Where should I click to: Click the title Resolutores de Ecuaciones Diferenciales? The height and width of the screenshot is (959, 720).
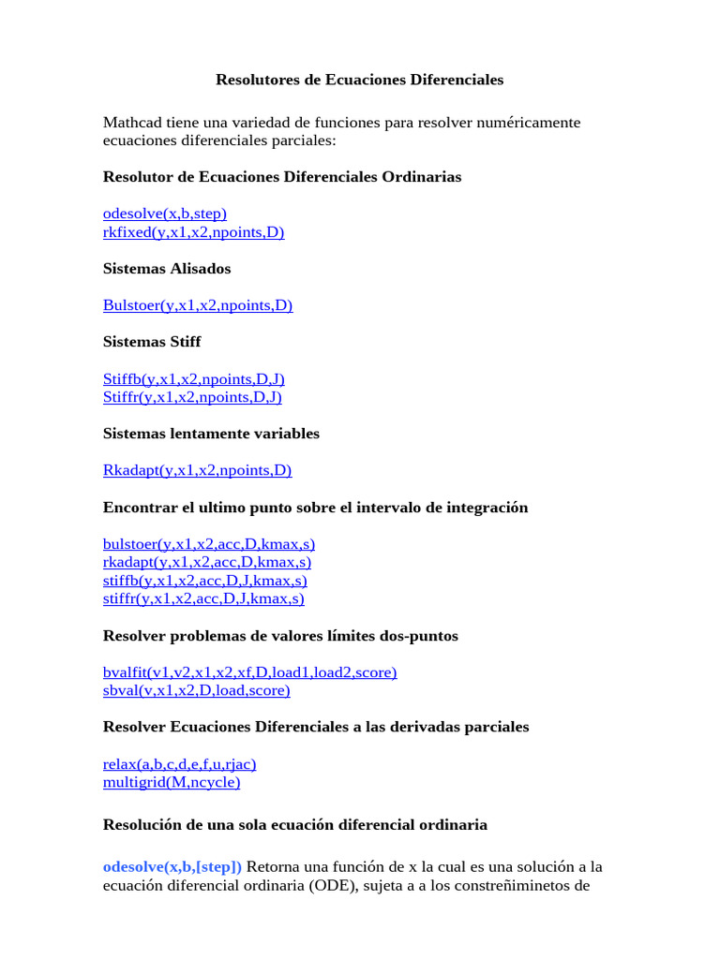pos(359,80)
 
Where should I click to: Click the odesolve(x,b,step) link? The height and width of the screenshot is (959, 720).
pos(165,214)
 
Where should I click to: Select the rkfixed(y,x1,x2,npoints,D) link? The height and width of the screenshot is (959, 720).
pos(193,232)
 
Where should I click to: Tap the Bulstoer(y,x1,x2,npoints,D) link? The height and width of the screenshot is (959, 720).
pos(198,305)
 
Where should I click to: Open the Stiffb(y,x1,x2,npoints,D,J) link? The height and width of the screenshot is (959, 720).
pos(193,378)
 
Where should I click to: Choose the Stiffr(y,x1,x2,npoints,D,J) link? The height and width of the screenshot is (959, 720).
pos(192,397)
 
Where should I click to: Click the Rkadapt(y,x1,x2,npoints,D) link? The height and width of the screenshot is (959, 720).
pos(197,470)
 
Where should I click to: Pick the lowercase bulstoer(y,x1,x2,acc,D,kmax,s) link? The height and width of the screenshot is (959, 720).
pos(209,544)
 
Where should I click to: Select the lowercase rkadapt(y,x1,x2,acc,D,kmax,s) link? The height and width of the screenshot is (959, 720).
pos(207,562)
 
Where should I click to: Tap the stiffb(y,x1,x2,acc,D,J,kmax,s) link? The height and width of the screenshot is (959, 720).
pos(205,581)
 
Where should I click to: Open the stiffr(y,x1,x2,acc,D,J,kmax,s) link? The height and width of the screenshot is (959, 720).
pos(203,598)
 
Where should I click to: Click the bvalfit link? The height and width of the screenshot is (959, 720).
pos(249,672)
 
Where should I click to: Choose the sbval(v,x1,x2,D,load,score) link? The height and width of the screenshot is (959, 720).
pos(196,690)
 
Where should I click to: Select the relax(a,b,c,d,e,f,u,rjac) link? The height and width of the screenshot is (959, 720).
pos(179,763)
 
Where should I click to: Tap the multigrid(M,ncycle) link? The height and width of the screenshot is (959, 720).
pos(172,782)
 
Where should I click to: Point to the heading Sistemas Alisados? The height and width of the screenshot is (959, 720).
pos(167,269)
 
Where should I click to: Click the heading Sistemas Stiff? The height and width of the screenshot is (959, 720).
pos(152,342)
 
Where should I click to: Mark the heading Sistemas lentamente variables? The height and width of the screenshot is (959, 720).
pos(211,434)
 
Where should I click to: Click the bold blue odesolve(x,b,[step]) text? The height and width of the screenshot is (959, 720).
pos(172,866)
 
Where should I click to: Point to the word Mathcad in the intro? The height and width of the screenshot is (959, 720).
pos(131,123)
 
